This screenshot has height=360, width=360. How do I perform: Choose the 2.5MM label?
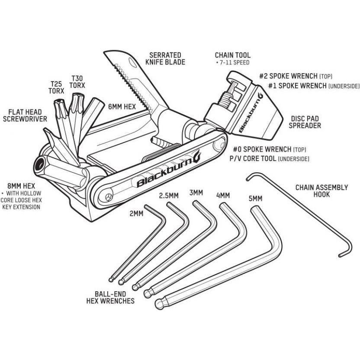[x=169, y=195]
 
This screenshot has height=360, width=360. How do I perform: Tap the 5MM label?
[x=255, y=199]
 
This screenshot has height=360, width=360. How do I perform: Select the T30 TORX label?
[x=77, y=81]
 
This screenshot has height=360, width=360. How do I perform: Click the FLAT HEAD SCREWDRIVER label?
[x=25, y=115]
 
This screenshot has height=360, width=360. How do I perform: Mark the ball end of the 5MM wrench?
[x=159, y=301]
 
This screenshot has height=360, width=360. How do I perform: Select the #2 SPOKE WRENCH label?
[x=296, y=76]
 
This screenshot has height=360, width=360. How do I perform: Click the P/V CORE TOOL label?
[x=253, y=159]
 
